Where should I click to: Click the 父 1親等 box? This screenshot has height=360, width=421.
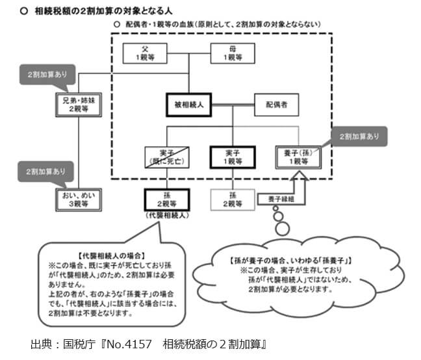pos(146,53)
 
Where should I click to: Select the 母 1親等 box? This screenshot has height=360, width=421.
pos(233,53)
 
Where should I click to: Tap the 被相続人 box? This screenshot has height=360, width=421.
pos(189,104)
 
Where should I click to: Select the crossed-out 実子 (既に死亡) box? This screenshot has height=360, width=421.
pos(166,156)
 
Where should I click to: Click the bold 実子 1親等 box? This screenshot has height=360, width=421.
pos(233,156)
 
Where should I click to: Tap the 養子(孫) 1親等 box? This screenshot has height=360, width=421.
pos(297,156)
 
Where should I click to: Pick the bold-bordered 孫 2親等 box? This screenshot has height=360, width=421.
pos(166,199)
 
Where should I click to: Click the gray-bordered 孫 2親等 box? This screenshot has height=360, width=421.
pos(233,199)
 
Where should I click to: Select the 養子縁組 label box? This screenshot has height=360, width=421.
pos(276,199)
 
